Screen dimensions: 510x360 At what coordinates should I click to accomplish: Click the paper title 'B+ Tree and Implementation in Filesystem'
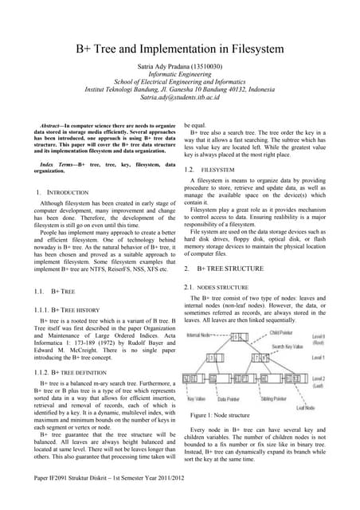coord(179,49)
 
